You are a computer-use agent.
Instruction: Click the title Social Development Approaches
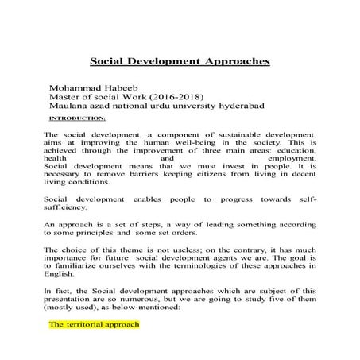(x=180, y=60)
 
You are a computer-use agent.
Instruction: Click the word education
(x=294, y=149)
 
